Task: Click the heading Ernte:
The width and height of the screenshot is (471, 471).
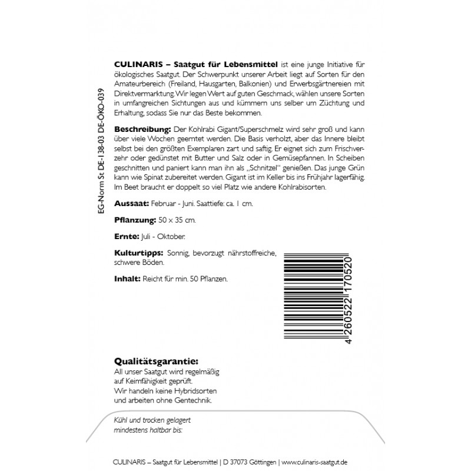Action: pyautogui.click(x=127, y=235)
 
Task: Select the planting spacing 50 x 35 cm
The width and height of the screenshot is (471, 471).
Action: pyautogui.click(x=178, y=220)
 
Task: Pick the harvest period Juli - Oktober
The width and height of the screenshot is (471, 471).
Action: pyautogui.click(x=168, y=236)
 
